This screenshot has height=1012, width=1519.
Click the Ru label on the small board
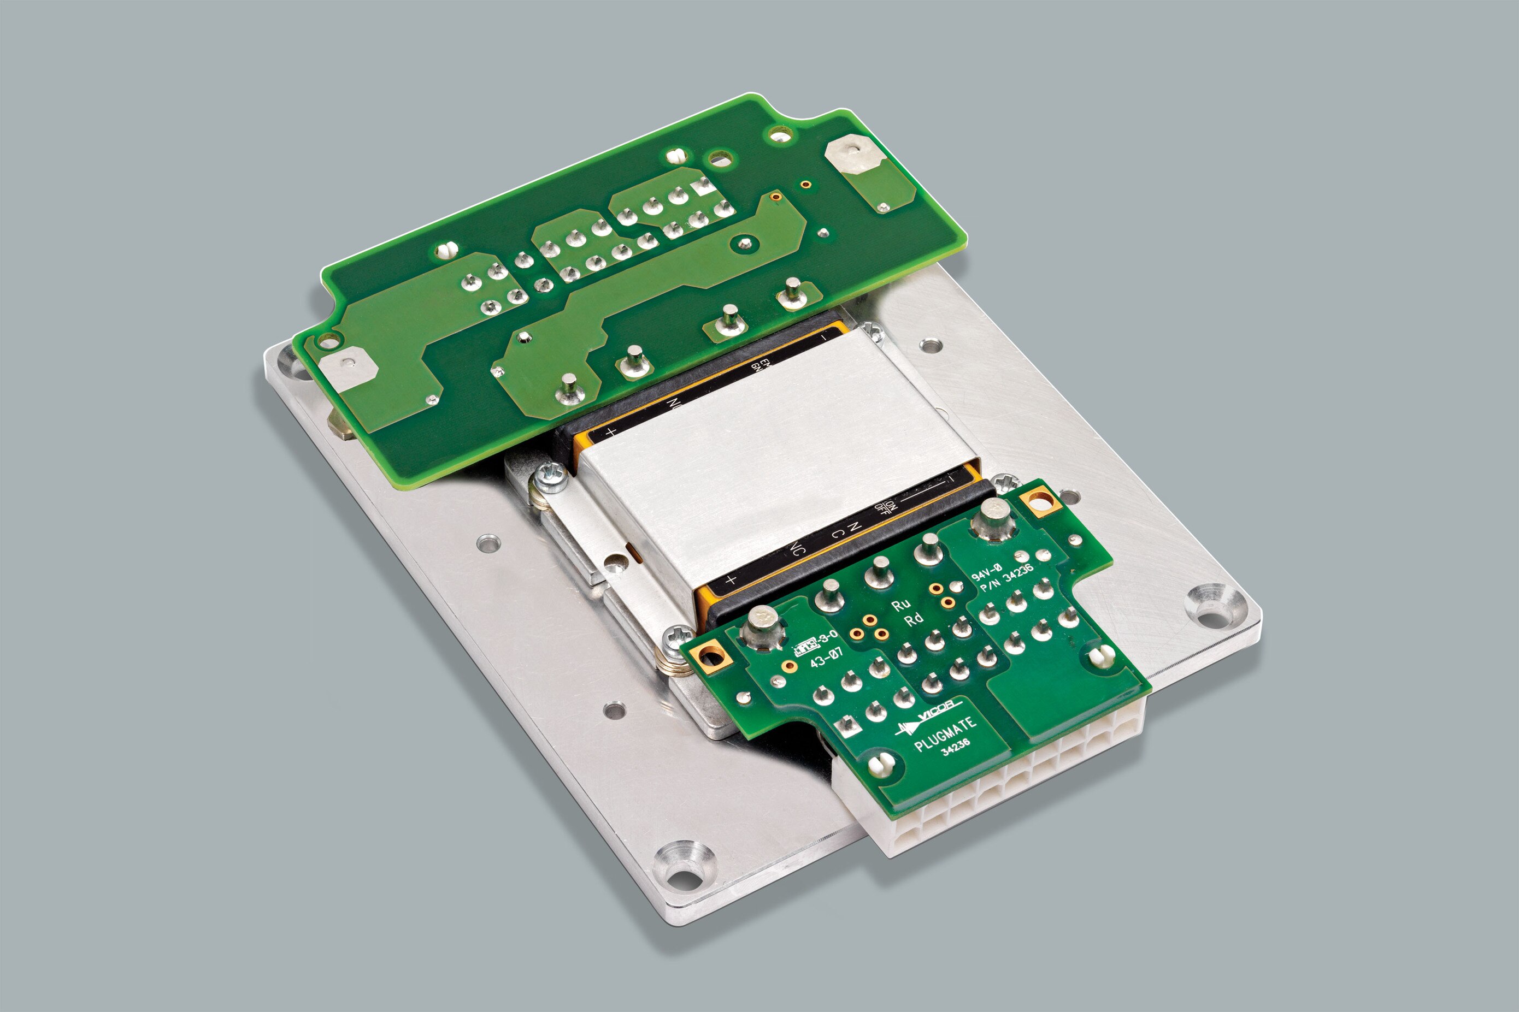click(x=900, y=604)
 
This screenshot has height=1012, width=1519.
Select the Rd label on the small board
click(x=914, y=620)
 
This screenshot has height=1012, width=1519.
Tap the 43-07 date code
click(x=827, y=658)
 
